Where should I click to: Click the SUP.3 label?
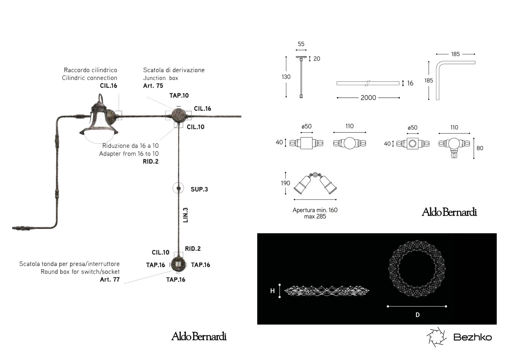pyautogui.click(x=199, y=189)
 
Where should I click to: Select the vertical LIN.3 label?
pyautogui.click(x=186, y=215)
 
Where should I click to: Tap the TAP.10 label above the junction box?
pyautogui.click(x=179, y=95)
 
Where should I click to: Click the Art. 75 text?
pyautogui.click(x=153, y=86)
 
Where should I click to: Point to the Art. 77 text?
pyautogui.click(x=110, y=279)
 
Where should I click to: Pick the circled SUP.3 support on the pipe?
pyautogui.click(x=178, y=188)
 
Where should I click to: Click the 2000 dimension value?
pyautogui.click(x=368, y=98)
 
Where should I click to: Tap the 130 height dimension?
pyautogui.click(x=286, y=77)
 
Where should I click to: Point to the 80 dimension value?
pyautogui.click(x=480, y=148)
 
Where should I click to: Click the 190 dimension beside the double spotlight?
pyautogui.click(x=285, y=183)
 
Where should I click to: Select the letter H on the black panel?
pyautogui.click(x=272, y=291)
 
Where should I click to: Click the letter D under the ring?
pyautogui.click(x=418, y=315)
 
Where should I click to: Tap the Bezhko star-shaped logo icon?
pyautogui.click(x=437, y=337)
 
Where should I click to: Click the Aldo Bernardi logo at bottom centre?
pyautogui.click(x=199, y=336)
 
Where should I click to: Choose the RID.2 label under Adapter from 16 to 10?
pyautogui.click(x=151, y=162)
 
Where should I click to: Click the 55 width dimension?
pyautogui.click(x=301, y=44)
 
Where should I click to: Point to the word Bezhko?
pyautogui.click(x=472, y=337)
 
